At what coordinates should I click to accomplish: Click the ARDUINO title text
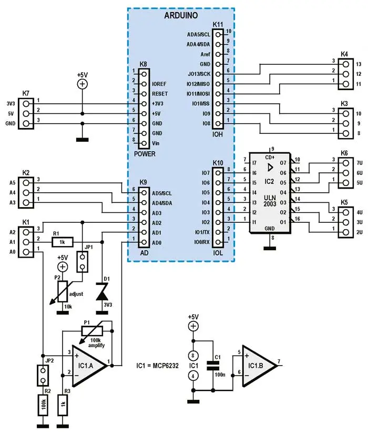pyautogui.click(x=181, y=15)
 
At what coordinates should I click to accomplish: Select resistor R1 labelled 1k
pyautogui.click(x=63, y=242)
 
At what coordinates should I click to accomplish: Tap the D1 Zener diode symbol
pyautogui.click(x=102, y=294)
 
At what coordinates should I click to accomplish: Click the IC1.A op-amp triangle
pyautogui.click(x=89, y=365)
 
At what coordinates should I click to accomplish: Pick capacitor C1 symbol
pyautogui.click(x=213, y=365)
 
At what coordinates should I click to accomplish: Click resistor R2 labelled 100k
pyautogui.click(x=43, y=405)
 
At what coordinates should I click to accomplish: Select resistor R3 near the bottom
pyautogui.click(x=63, y=405)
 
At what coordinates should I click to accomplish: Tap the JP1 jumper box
pyautogui.click(x=82, y=262)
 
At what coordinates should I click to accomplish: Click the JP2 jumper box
pyautogui.click(x=43, y=375)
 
